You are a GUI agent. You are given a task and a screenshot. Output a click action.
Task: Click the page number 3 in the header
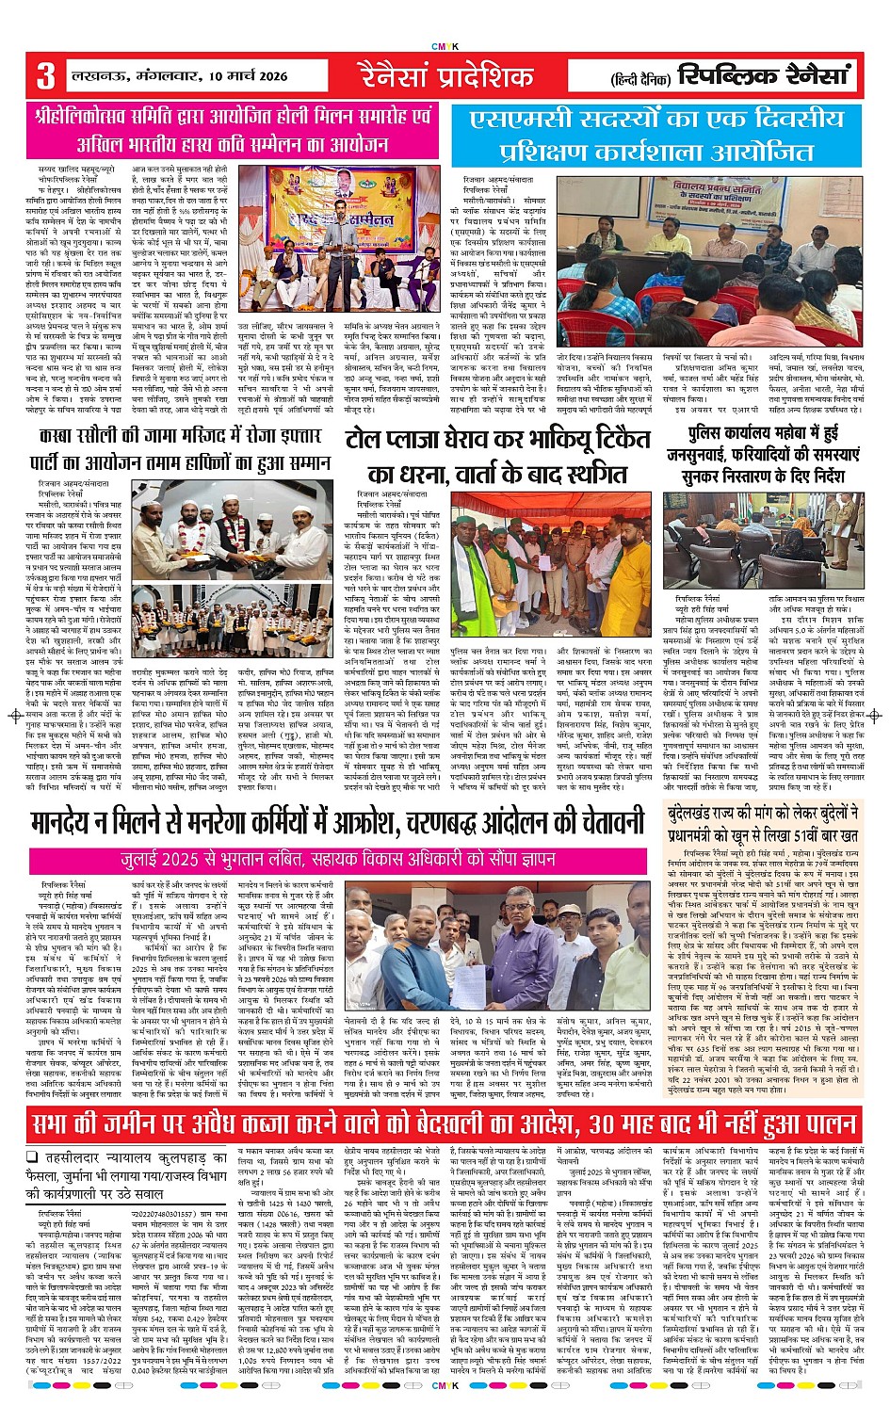tap(45, 75)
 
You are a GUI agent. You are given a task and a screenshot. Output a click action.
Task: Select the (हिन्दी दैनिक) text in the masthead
tap(641, 78)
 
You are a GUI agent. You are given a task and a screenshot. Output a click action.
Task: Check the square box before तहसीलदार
tap(32, 1158)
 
